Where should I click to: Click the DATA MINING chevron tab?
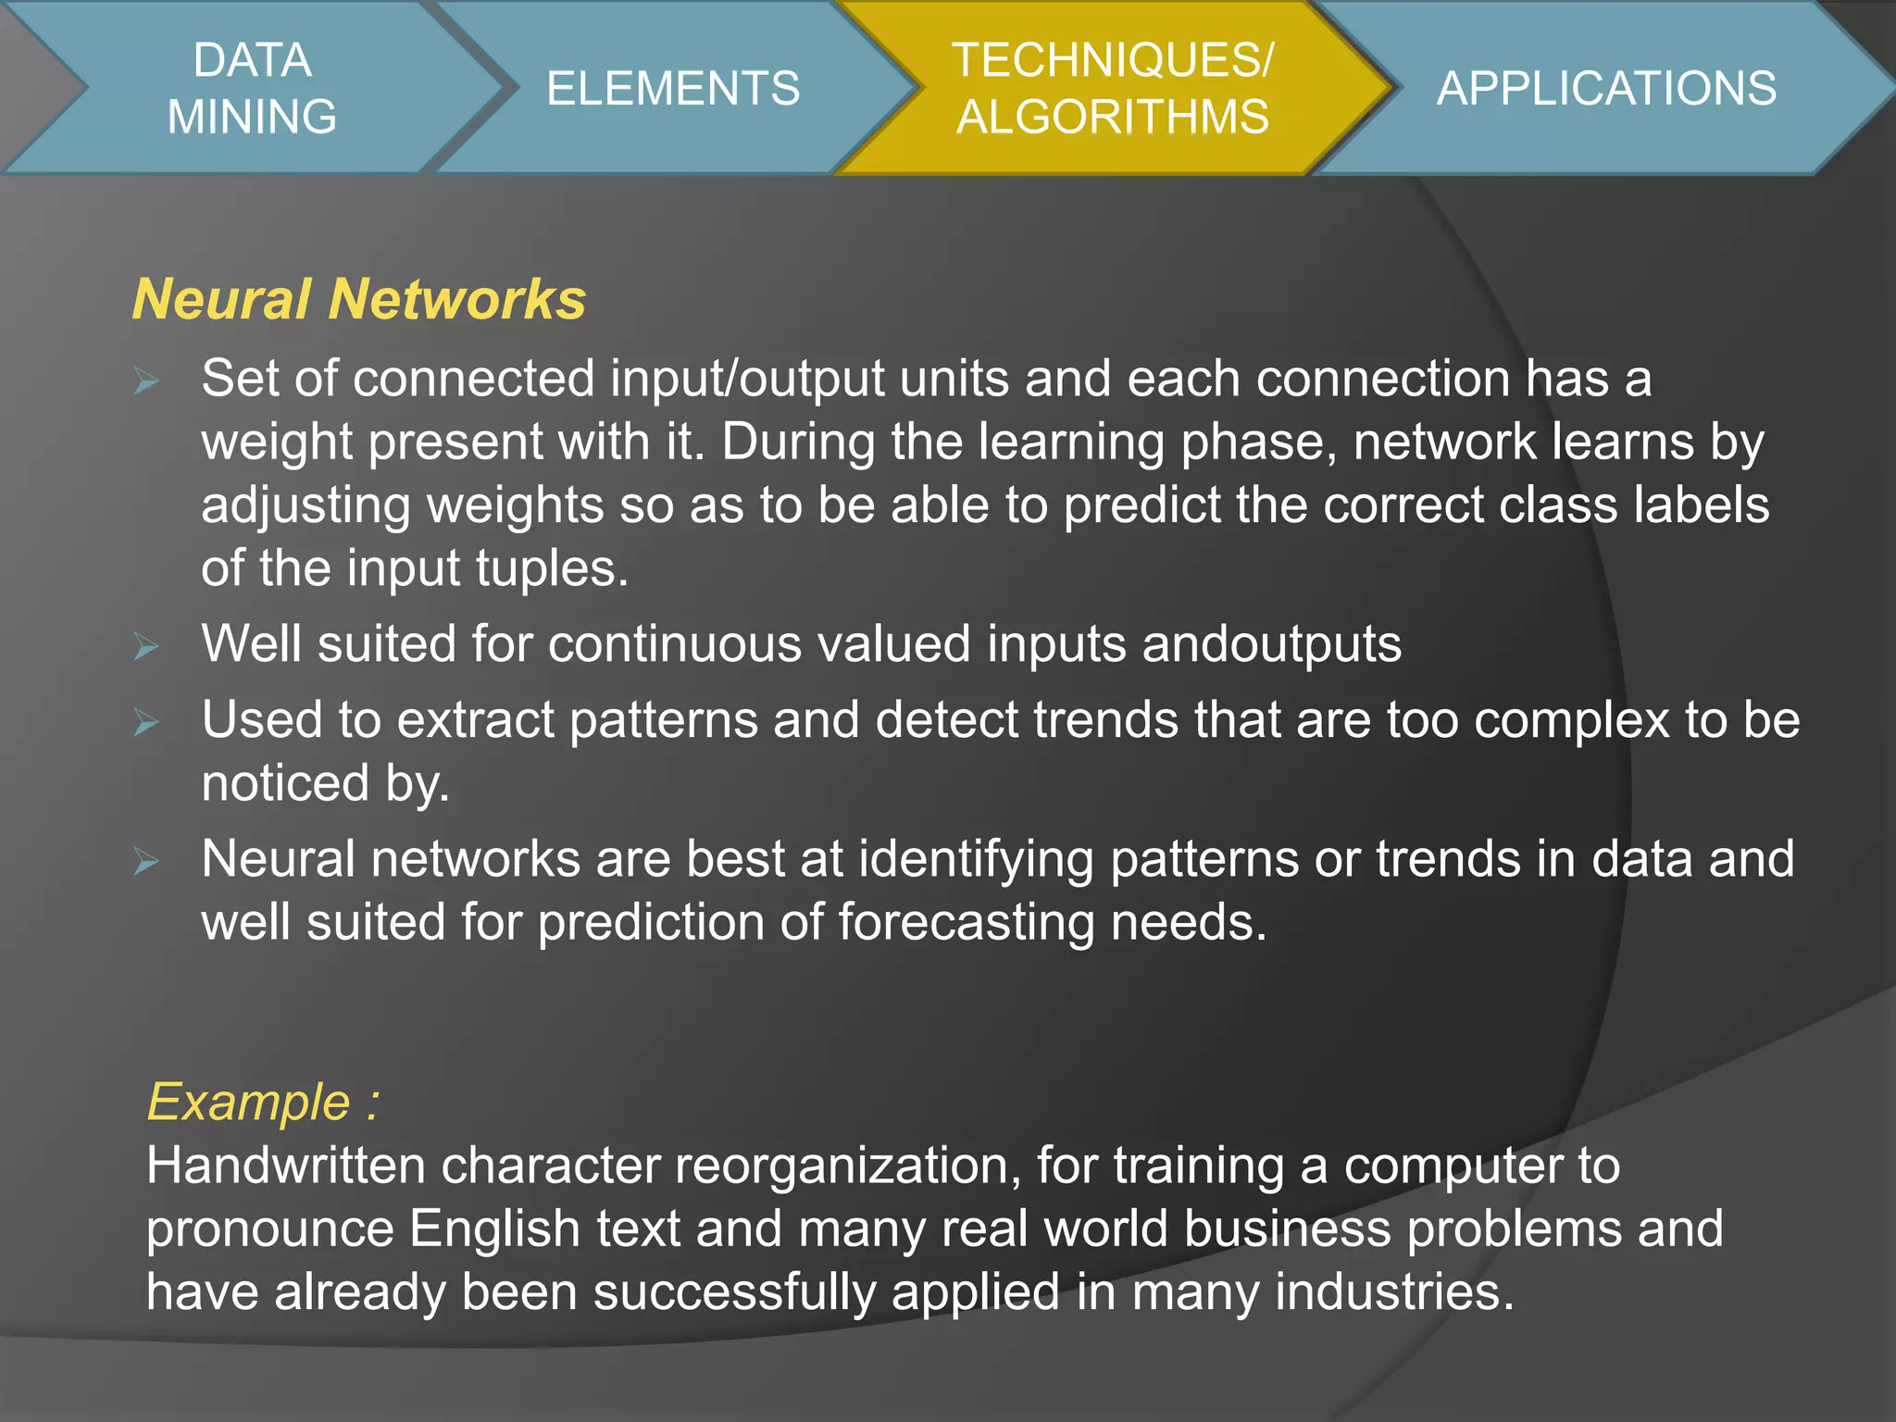pyautogui.click(x=252, y=88)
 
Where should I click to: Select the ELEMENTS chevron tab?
pyautogui.click(x=673, y=88)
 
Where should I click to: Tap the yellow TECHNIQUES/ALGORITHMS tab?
pyautogui.click(x=1112, y=88)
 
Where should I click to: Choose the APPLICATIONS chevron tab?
pyautogui.click(x=1606, y=88)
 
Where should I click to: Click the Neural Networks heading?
pyautogui.click(x=359, y=299)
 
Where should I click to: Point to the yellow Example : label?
pyautogui.click(x=263, y=1102)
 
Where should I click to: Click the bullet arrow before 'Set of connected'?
pyautogui.click(x=146, y=380)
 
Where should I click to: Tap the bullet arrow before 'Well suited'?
pyautogui.click(x=146, y=645)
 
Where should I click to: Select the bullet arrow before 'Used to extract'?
pyautogui.click(x=146, y=721)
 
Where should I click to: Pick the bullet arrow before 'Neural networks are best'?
pyautogui.click(x=146, y=861)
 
